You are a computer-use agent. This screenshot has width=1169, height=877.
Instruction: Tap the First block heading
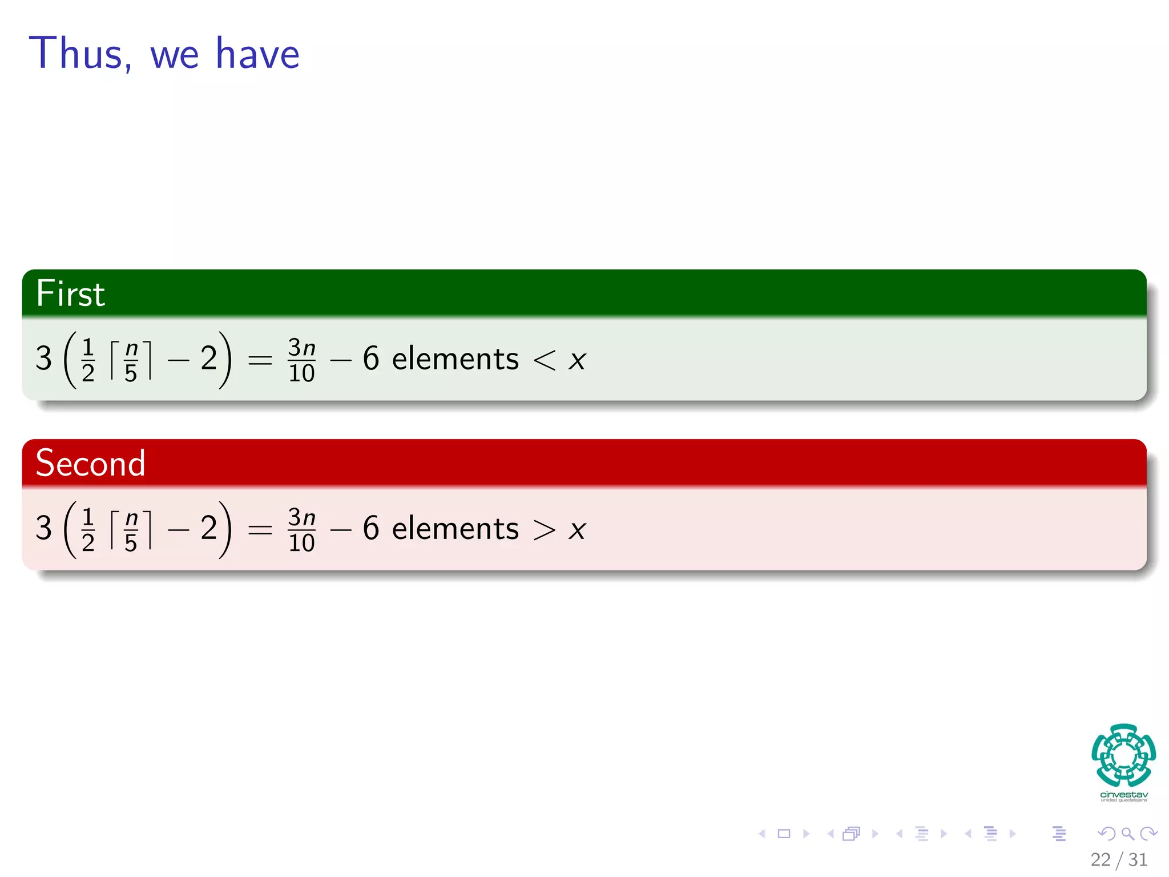(70, 293)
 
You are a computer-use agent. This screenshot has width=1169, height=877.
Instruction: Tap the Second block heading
(90, 462)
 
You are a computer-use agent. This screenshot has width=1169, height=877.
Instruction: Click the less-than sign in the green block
(544, 360)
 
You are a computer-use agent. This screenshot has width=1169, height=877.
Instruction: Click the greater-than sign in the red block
(544, 529)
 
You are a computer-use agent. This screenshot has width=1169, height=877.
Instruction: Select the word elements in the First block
(455, 359)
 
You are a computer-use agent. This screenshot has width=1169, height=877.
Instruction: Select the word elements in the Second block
(455, 529)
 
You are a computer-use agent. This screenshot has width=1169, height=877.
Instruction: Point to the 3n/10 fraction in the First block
(301, 360)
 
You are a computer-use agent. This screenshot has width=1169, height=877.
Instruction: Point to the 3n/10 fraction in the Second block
(301, 530)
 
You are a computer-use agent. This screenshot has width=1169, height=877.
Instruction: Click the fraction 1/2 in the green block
(88, 360)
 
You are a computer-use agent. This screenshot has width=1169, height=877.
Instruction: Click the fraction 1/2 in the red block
(88, 530)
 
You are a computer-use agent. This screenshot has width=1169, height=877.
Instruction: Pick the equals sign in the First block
(260, 360)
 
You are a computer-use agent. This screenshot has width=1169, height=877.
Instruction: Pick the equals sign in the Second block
(260, 530)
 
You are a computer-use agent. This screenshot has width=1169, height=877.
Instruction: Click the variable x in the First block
(577, 360)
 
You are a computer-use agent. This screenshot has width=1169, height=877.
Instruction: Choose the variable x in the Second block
(577, 530)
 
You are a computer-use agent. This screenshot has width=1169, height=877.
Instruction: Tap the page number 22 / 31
(1119, 860)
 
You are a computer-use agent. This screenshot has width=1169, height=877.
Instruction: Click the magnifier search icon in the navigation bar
(1127, 834)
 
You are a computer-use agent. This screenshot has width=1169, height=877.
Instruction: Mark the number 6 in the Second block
(371, 528)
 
